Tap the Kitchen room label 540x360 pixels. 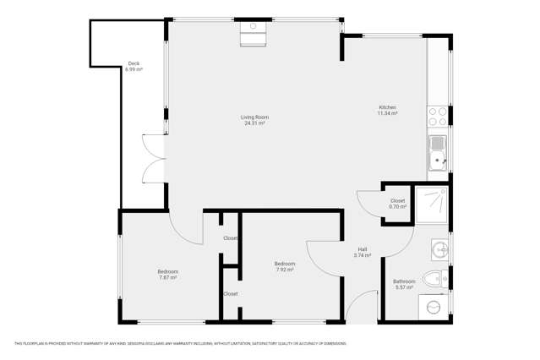(x=387, y=107)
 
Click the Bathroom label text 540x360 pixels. (x=404, y=281)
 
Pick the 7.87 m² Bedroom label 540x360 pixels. (x=167, y=275)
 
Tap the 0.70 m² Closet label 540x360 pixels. (x=397, y=204)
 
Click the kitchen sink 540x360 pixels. (x=437, y=153)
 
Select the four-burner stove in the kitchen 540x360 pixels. (x=437, y=117)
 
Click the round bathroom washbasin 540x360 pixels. (x=438, y=250)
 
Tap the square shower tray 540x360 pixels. (x=432, y=204)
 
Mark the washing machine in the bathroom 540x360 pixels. (x=434, y=306)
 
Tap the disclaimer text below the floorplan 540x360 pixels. (x=180, y=343)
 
